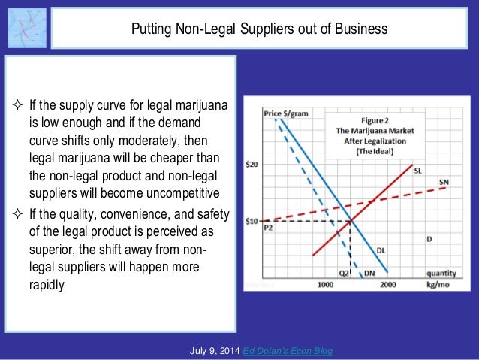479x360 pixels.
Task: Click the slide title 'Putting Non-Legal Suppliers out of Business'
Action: (x=259, y=29)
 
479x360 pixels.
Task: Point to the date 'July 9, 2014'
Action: (x=215, y=351)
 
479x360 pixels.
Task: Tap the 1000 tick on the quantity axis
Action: (x=325, y=286)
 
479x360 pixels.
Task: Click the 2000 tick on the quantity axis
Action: (x=387, y=286)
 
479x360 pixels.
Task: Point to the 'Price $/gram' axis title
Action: (x=285, y=113)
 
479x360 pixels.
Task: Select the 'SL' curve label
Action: (x=418, y=171)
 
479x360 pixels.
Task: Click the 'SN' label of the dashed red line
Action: (x=444, y=183)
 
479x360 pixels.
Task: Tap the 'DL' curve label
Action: (x=381, y=250)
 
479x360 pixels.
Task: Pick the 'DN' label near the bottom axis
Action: (x=369, y=274)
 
